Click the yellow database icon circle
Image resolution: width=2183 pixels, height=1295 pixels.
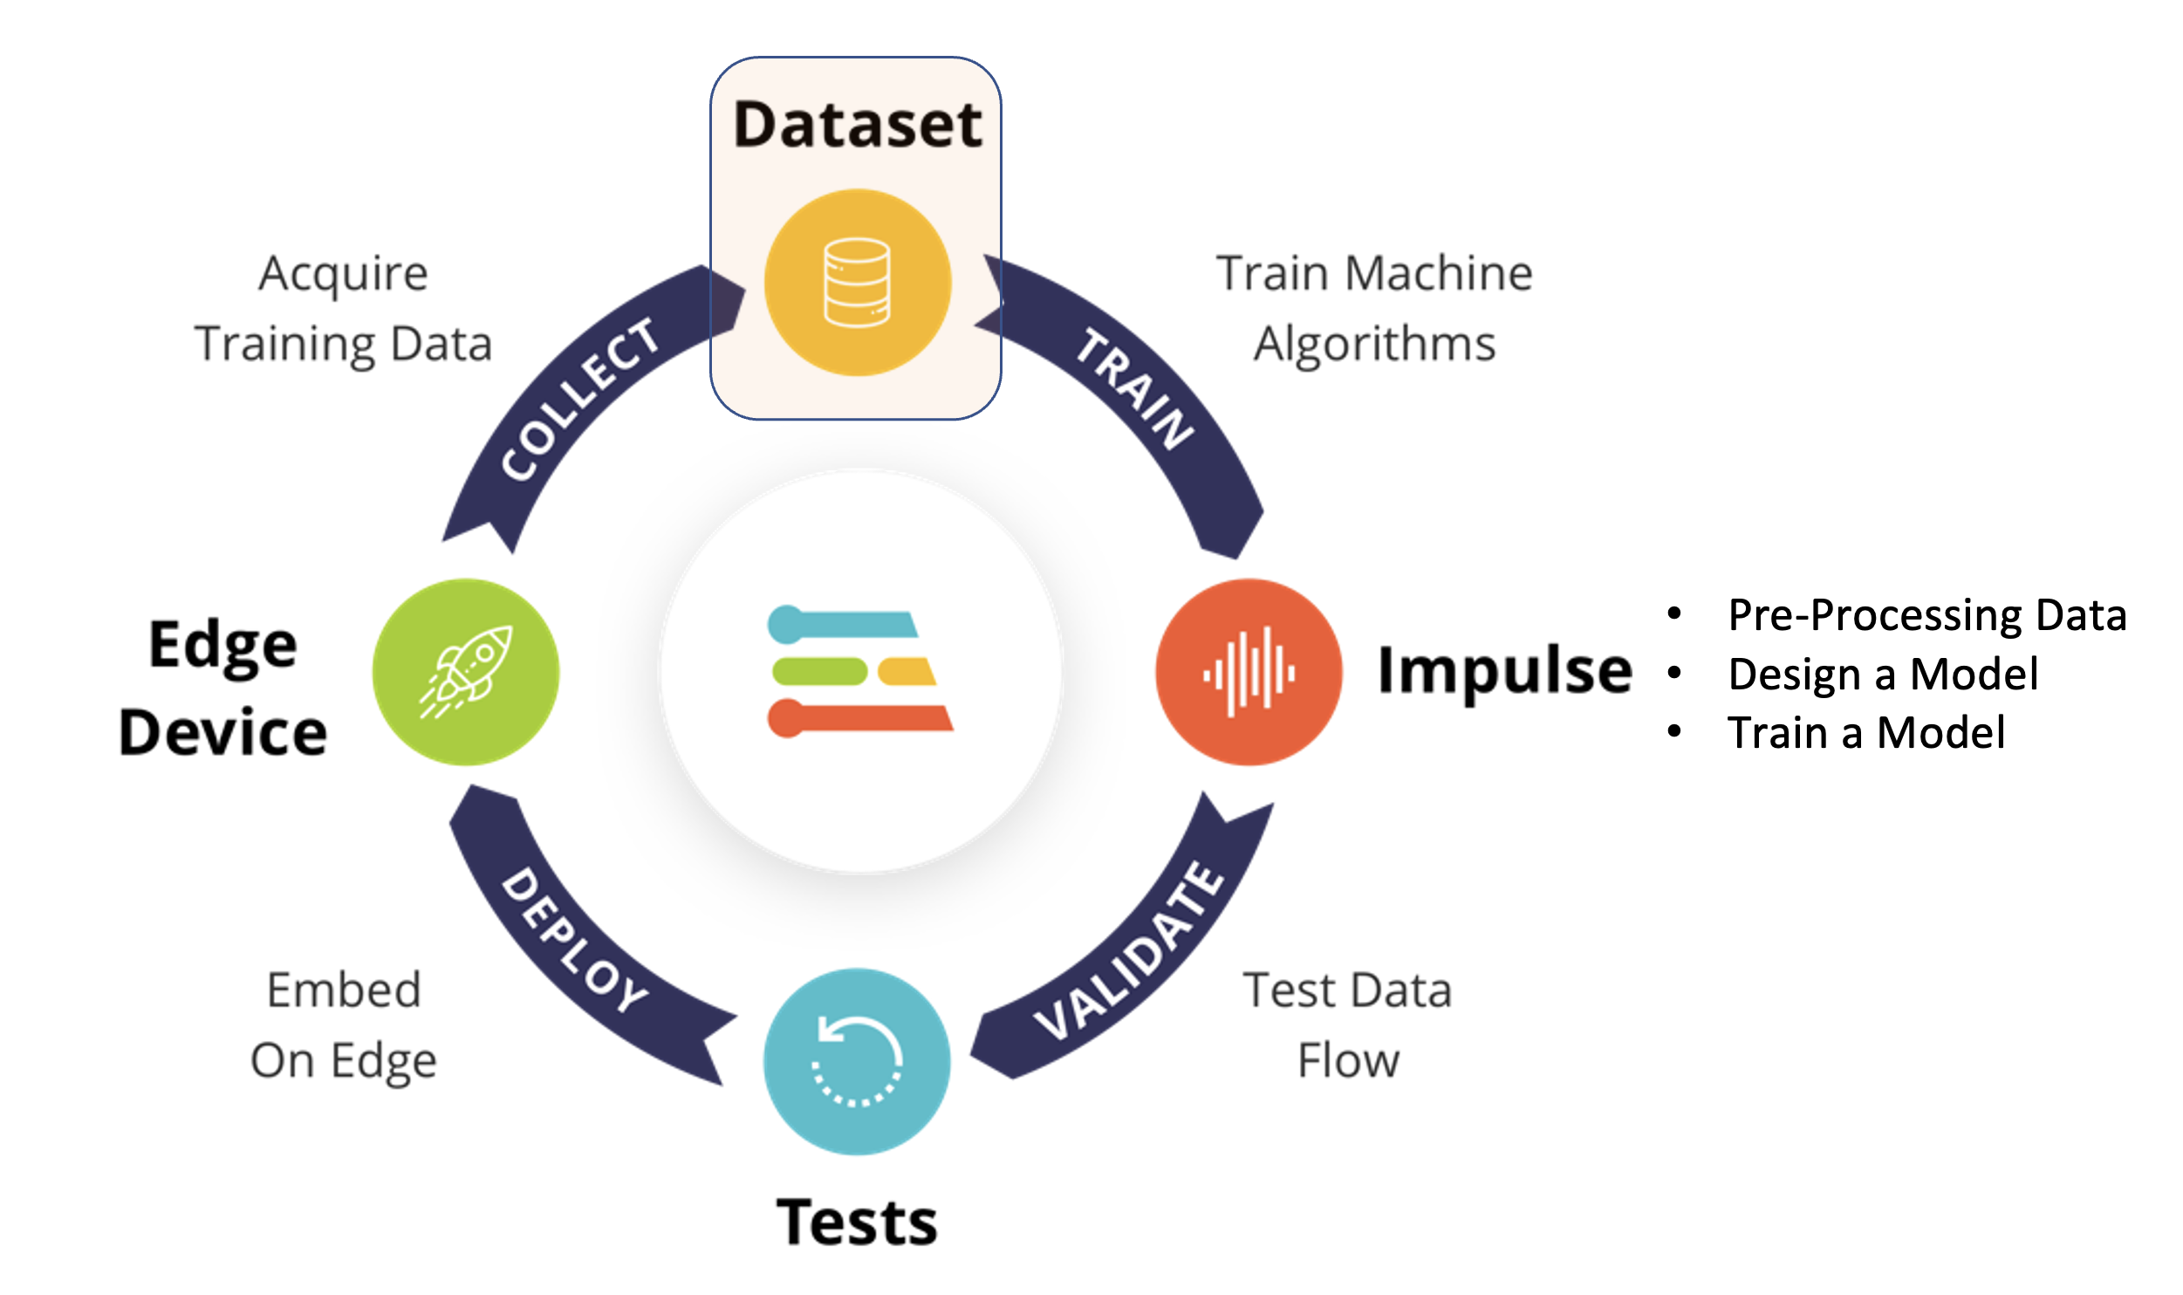[857, 283]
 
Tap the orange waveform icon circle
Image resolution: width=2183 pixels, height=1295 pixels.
[1249, 672]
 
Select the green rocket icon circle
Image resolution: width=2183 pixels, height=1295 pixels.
[466, 672]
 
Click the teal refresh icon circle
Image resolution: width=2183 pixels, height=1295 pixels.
[857, 1061]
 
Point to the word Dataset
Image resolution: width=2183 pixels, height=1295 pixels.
[859, 124]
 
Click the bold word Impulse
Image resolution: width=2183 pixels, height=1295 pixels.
[1504, 672]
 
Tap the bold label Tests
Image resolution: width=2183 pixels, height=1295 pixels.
[857, 1222]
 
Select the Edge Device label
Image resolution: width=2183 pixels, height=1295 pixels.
[223, 688]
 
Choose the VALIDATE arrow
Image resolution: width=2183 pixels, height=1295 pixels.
[1131, 951]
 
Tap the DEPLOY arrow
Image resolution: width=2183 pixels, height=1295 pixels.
[576, 942]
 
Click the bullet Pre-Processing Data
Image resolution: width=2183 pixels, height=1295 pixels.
[1926, 615]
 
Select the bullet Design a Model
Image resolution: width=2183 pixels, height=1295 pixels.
[1883, 675]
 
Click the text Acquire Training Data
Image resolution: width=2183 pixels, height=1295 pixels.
[344, 308]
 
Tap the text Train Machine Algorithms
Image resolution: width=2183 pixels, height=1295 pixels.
[1374, 308]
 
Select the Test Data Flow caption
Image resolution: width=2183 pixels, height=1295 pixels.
[1348, 1025]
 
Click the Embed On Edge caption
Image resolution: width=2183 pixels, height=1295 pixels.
[344, 1025]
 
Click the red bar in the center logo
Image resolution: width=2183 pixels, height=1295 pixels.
[864, 718]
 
